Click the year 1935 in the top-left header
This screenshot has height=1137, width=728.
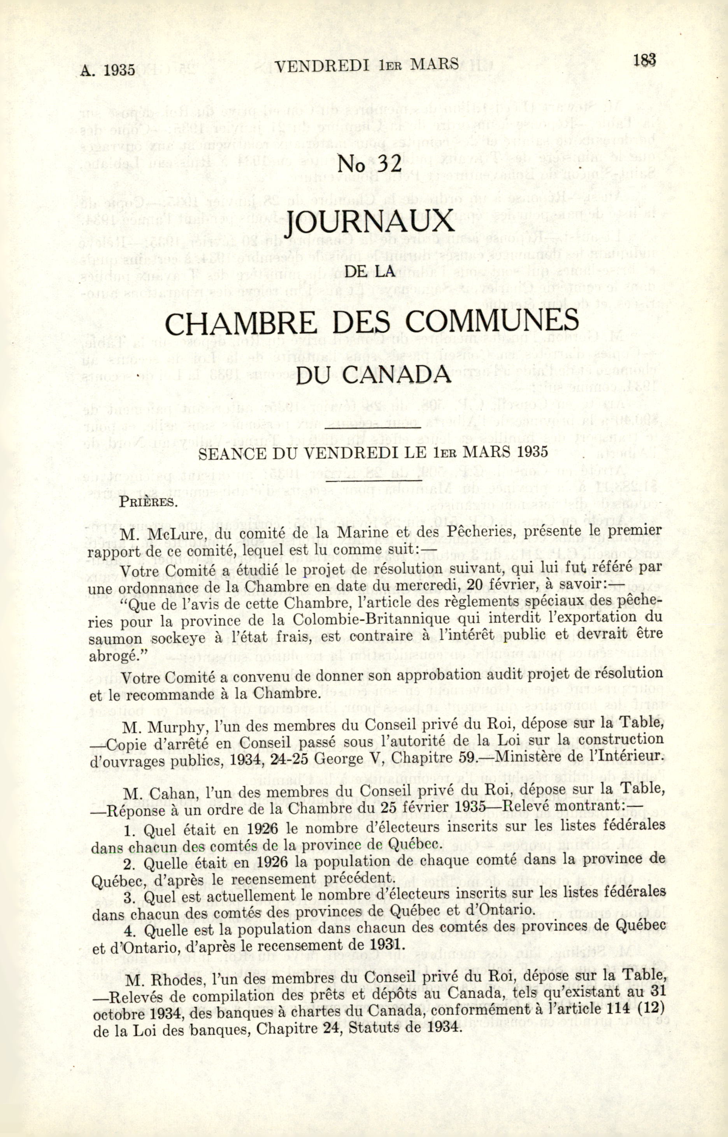(119, 70)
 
